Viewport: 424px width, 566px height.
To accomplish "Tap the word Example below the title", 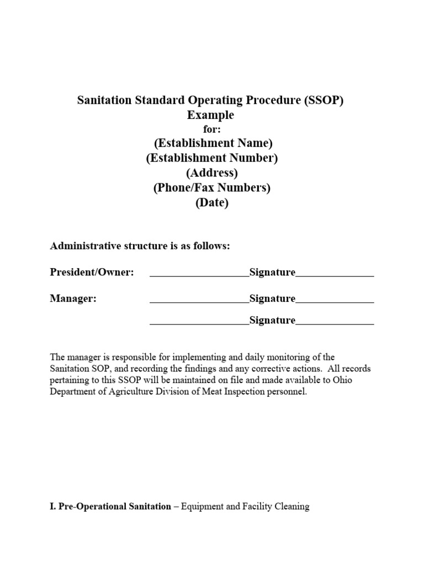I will (x=210, y=115).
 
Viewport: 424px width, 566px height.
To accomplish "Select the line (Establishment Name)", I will (x=213, y=144).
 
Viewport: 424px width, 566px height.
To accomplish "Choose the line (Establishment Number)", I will (x=212, y=159).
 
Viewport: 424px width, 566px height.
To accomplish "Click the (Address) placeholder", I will (x=212, y=173).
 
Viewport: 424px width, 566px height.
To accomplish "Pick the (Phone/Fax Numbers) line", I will (x=212, y=188).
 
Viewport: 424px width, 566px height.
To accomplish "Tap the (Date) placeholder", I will (x=212, y=203).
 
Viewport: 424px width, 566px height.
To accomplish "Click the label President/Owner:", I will (x=92, y=272).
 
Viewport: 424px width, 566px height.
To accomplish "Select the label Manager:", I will (x=73, y=298).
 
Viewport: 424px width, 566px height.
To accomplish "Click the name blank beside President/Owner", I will (x=199, y=274).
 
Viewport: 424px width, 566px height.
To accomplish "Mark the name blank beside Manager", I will (x=199, y=300).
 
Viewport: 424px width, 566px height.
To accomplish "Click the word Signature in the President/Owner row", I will (x=272, y=272).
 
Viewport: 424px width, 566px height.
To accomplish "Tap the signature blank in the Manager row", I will (x=335, y=300).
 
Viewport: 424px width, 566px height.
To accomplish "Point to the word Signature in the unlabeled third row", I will (x=272, y=321).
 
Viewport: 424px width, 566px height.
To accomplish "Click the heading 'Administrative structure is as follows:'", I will (x=140, y=246).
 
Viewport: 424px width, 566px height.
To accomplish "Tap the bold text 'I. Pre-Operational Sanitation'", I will (x=110, y=506).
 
